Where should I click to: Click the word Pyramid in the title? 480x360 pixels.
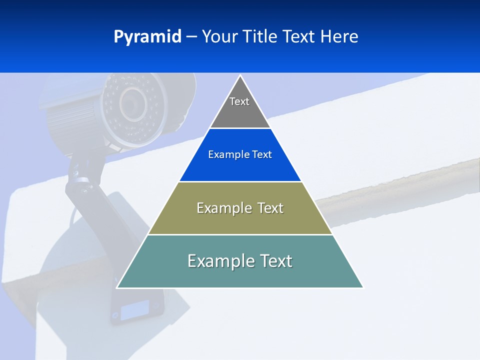click(x=147, y=37)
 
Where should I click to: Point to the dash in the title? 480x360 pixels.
click(x=191, y=37)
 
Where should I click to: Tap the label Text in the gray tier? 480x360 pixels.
click(x=239, y=101)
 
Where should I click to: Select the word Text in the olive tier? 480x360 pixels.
click(x=268, y=208)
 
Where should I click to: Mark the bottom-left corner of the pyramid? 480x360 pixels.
click(x=117, y=287)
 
